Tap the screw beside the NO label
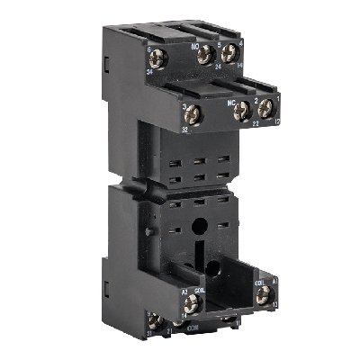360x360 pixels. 204,55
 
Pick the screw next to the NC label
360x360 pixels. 240,111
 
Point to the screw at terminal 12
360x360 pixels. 266,107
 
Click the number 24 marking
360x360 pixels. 219,65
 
